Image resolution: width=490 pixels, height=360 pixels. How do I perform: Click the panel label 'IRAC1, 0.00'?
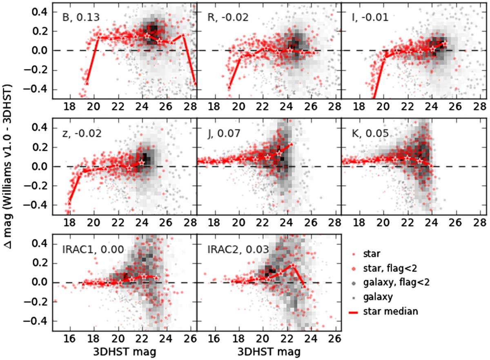(x=87, y=250)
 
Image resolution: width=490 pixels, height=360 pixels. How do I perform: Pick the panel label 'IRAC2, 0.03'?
(x=232, y=250)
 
